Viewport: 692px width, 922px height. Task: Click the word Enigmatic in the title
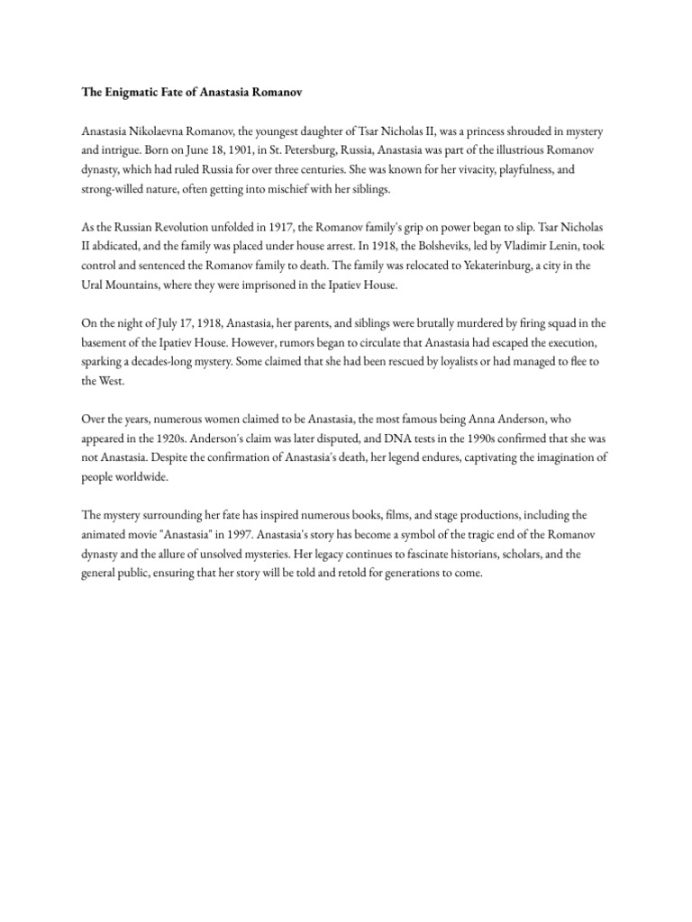click(x=125, y=90)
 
